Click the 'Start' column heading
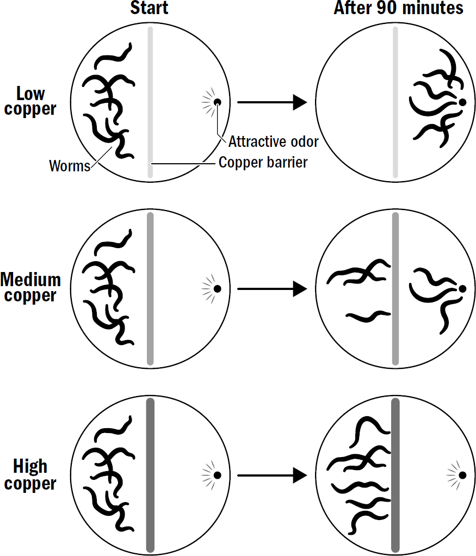pos(149,8)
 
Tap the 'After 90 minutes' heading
pos(398,8)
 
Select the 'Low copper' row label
pos(29,101)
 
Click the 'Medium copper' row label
pos(30,288)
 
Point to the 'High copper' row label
pos(30,475)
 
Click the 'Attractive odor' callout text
pos(273,141)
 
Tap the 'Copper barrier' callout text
pos(263,162)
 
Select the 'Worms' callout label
pos(70,165)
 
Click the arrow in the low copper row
pos(273,102)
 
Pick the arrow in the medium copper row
pos(273,289)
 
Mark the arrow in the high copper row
pos(273,475)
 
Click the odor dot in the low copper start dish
pos(217,102)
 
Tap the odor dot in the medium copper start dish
pos(217,289)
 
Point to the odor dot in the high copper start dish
pos(217,475)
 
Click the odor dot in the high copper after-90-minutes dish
pos(462,475)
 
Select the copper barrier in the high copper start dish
pos(150,475)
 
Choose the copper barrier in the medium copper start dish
pos(150,289)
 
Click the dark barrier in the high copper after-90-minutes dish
pos(395,475)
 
